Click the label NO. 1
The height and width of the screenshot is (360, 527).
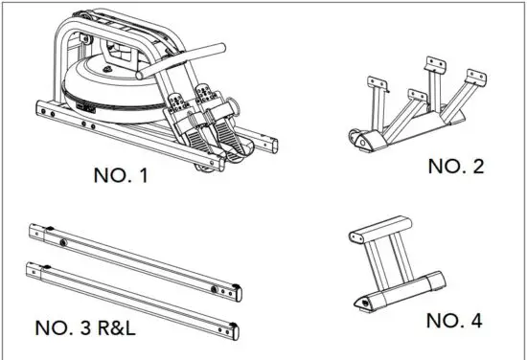pyautogui.click(x=123, y=176)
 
